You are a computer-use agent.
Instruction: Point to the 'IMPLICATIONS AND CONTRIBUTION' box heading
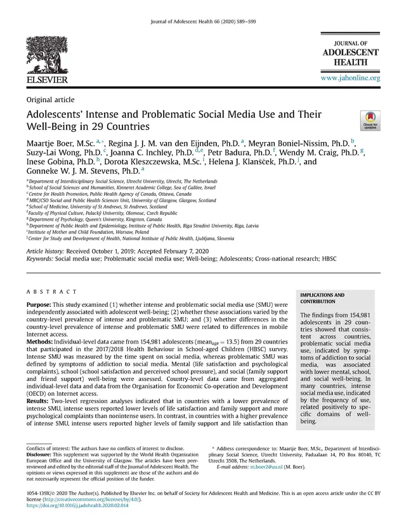pyautogui.click(x=323, y=299)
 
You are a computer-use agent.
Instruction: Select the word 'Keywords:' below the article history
pyautogui.click(x=41, y=259)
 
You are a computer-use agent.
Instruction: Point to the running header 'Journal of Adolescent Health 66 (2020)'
pyautogui.click(x=190, y=6)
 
